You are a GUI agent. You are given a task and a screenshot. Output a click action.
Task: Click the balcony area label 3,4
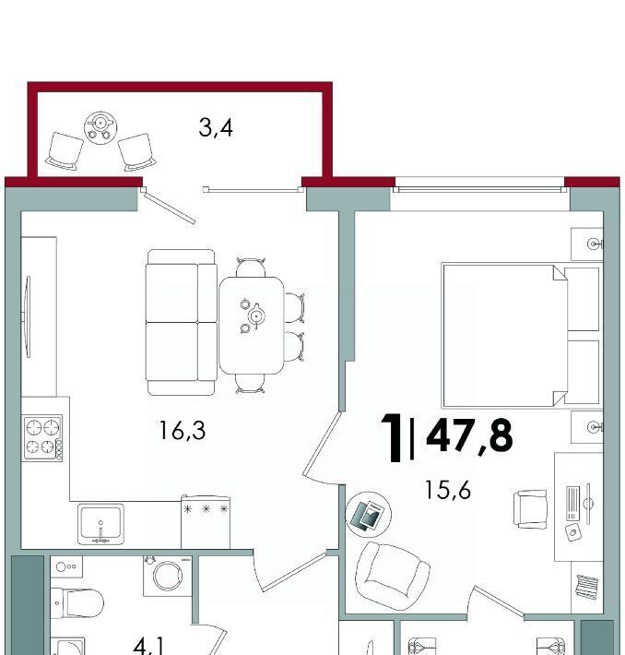click(x=216, y=128)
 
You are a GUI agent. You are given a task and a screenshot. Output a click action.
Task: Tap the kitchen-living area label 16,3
click(x=183, y=431)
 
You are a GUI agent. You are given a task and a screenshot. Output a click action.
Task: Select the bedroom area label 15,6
click(x=448, y=490)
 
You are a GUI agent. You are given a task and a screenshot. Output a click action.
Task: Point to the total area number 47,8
click(x=469, y=437)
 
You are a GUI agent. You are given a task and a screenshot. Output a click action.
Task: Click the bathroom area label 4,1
click(x=148, y=647)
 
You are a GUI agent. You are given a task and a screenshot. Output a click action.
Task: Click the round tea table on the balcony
click(x=100, y=127)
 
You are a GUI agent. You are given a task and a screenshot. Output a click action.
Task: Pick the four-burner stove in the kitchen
click(x=42, y=438)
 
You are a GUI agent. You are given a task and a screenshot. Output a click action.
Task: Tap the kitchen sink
click(x=100, y=524)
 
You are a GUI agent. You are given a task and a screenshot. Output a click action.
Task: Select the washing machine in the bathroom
click(x=168, y=576)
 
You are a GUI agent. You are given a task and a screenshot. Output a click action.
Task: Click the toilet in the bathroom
click(x=77, y=603)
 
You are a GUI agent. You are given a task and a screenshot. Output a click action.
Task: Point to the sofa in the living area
click(x=182, y=322)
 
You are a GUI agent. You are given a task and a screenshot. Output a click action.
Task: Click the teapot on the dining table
click(x=255, y=316)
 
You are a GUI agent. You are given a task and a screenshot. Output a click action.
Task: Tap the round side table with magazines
click(x=369, y=515)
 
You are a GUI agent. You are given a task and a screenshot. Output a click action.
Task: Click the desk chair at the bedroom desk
click(x=530, y=509)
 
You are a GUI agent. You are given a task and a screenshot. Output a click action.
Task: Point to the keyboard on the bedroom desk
click(x=572, y=504)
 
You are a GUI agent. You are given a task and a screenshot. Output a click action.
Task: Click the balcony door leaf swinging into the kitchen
click(x=168, y=206)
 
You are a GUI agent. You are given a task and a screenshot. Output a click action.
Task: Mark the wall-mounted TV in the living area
click(x=28, y=316)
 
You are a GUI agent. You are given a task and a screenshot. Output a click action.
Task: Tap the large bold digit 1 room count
click(x=393, y=437)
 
